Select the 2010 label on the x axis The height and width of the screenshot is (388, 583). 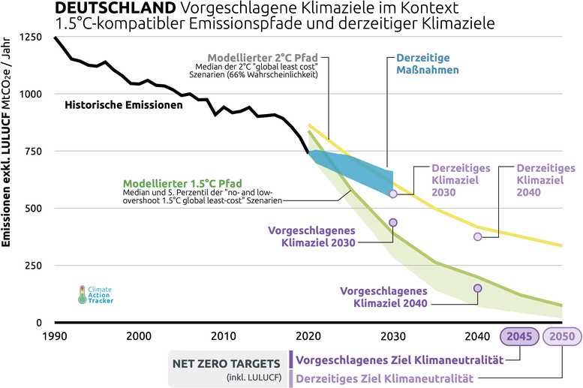[223, 335]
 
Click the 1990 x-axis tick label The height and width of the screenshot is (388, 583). [54, 335]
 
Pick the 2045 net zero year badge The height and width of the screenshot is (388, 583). [519, 336]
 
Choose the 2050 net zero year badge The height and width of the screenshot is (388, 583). [562, 336]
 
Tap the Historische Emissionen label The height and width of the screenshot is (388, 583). [124, 105]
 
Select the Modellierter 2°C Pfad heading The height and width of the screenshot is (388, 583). [263, 57]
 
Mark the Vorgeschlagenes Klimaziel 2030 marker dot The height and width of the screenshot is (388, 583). [392, 223]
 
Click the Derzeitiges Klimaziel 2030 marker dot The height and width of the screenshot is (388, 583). [392, 194]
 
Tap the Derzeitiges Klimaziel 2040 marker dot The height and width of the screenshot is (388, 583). [477, 236]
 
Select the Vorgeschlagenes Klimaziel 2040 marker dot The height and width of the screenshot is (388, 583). [477, 288]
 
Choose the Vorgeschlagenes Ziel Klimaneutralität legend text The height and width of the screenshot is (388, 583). [398, 360]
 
